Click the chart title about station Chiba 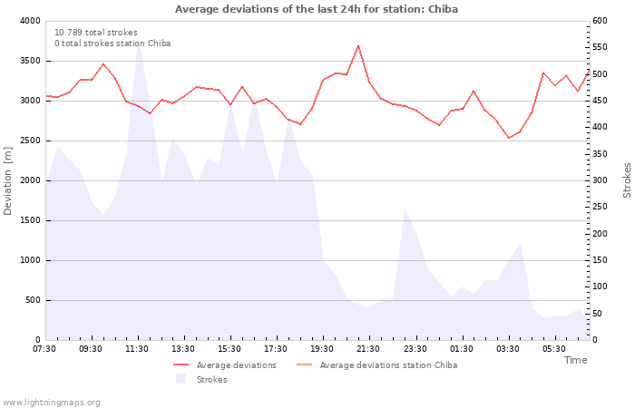pos(317,9)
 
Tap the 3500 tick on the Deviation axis pos(30,61)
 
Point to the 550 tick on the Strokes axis pos(600,47)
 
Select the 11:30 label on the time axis pos(137,349)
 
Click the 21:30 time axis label pos(368,349)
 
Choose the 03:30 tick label pos(507,349)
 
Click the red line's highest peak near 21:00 pos(358,45)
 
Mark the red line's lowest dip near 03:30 pos(509,138)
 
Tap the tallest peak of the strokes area pos(139,44)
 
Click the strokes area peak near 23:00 pos(405,209)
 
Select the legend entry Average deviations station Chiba pos(377,365)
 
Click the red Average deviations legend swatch pos(181,365)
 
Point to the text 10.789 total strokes pos(96,33)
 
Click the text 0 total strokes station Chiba pos(112,44)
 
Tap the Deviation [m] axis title pos(7,180)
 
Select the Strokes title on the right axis pos(627,180)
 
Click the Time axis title pos(575,360)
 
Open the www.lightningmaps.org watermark pos(51,403)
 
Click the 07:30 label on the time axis pos(44,349)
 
